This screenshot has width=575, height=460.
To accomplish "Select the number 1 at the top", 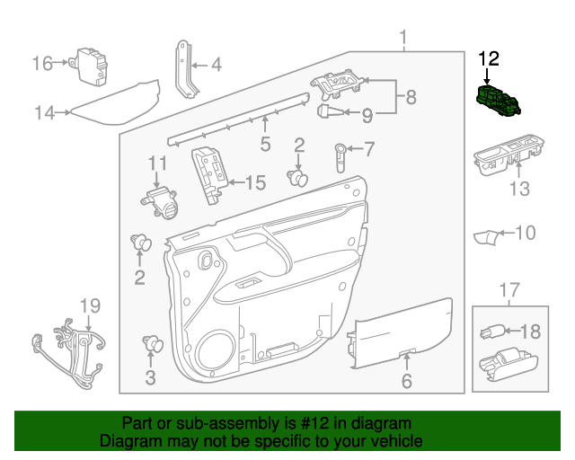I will [403, 38].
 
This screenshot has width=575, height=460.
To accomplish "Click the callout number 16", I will [42, 63].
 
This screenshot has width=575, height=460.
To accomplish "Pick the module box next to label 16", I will [90, 64].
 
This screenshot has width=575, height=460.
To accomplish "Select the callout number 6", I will [406, 381].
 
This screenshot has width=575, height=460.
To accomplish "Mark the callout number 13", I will [520, 190].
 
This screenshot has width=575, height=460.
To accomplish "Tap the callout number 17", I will [509, 290].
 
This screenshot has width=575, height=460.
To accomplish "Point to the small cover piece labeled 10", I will [488, 236].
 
